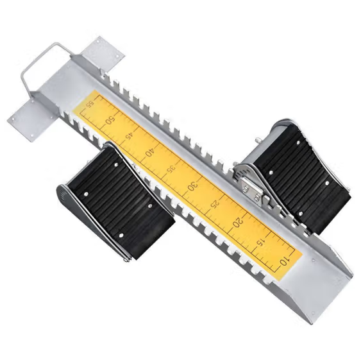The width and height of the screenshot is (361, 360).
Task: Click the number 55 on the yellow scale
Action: (90, 105)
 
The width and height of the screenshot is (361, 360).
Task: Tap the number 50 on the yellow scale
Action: (110, 120)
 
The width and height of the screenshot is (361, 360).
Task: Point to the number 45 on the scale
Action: (129, 136)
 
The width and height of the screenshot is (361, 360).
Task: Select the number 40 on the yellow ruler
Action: (149, 153)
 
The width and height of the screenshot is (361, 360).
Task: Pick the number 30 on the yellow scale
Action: (193, 185)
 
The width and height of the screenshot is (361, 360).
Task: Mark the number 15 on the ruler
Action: (260, 242)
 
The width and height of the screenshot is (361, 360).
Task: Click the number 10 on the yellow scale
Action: (284, 261)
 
